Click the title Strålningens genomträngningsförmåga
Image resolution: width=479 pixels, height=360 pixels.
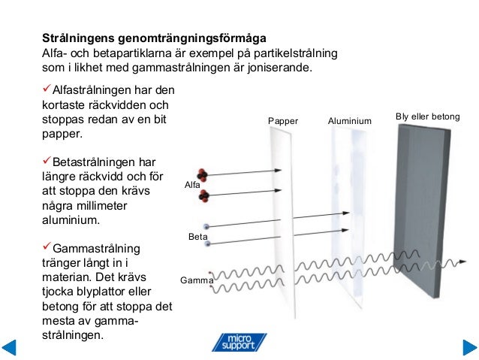coord(153,38)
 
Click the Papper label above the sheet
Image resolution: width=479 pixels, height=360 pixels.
coord(283,121)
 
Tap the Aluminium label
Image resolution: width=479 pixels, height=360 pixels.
coord(350,121)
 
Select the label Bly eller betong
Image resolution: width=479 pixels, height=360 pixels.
coord(427,117)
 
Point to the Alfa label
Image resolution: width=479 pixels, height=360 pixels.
coord(193,184)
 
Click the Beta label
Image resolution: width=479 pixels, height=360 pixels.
coord(197,237)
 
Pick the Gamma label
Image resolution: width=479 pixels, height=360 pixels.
coord(197,281)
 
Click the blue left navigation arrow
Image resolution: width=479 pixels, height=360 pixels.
coord(10,348)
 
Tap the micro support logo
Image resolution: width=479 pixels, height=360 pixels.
coord(238,342)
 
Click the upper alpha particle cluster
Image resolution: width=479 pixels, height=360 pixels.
coord(204,177)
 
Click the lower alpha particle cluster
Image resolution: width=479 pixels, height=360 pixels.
coord(204,197)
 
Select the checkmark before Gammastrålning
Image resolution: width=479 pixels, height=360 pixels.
coord(46,247)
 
